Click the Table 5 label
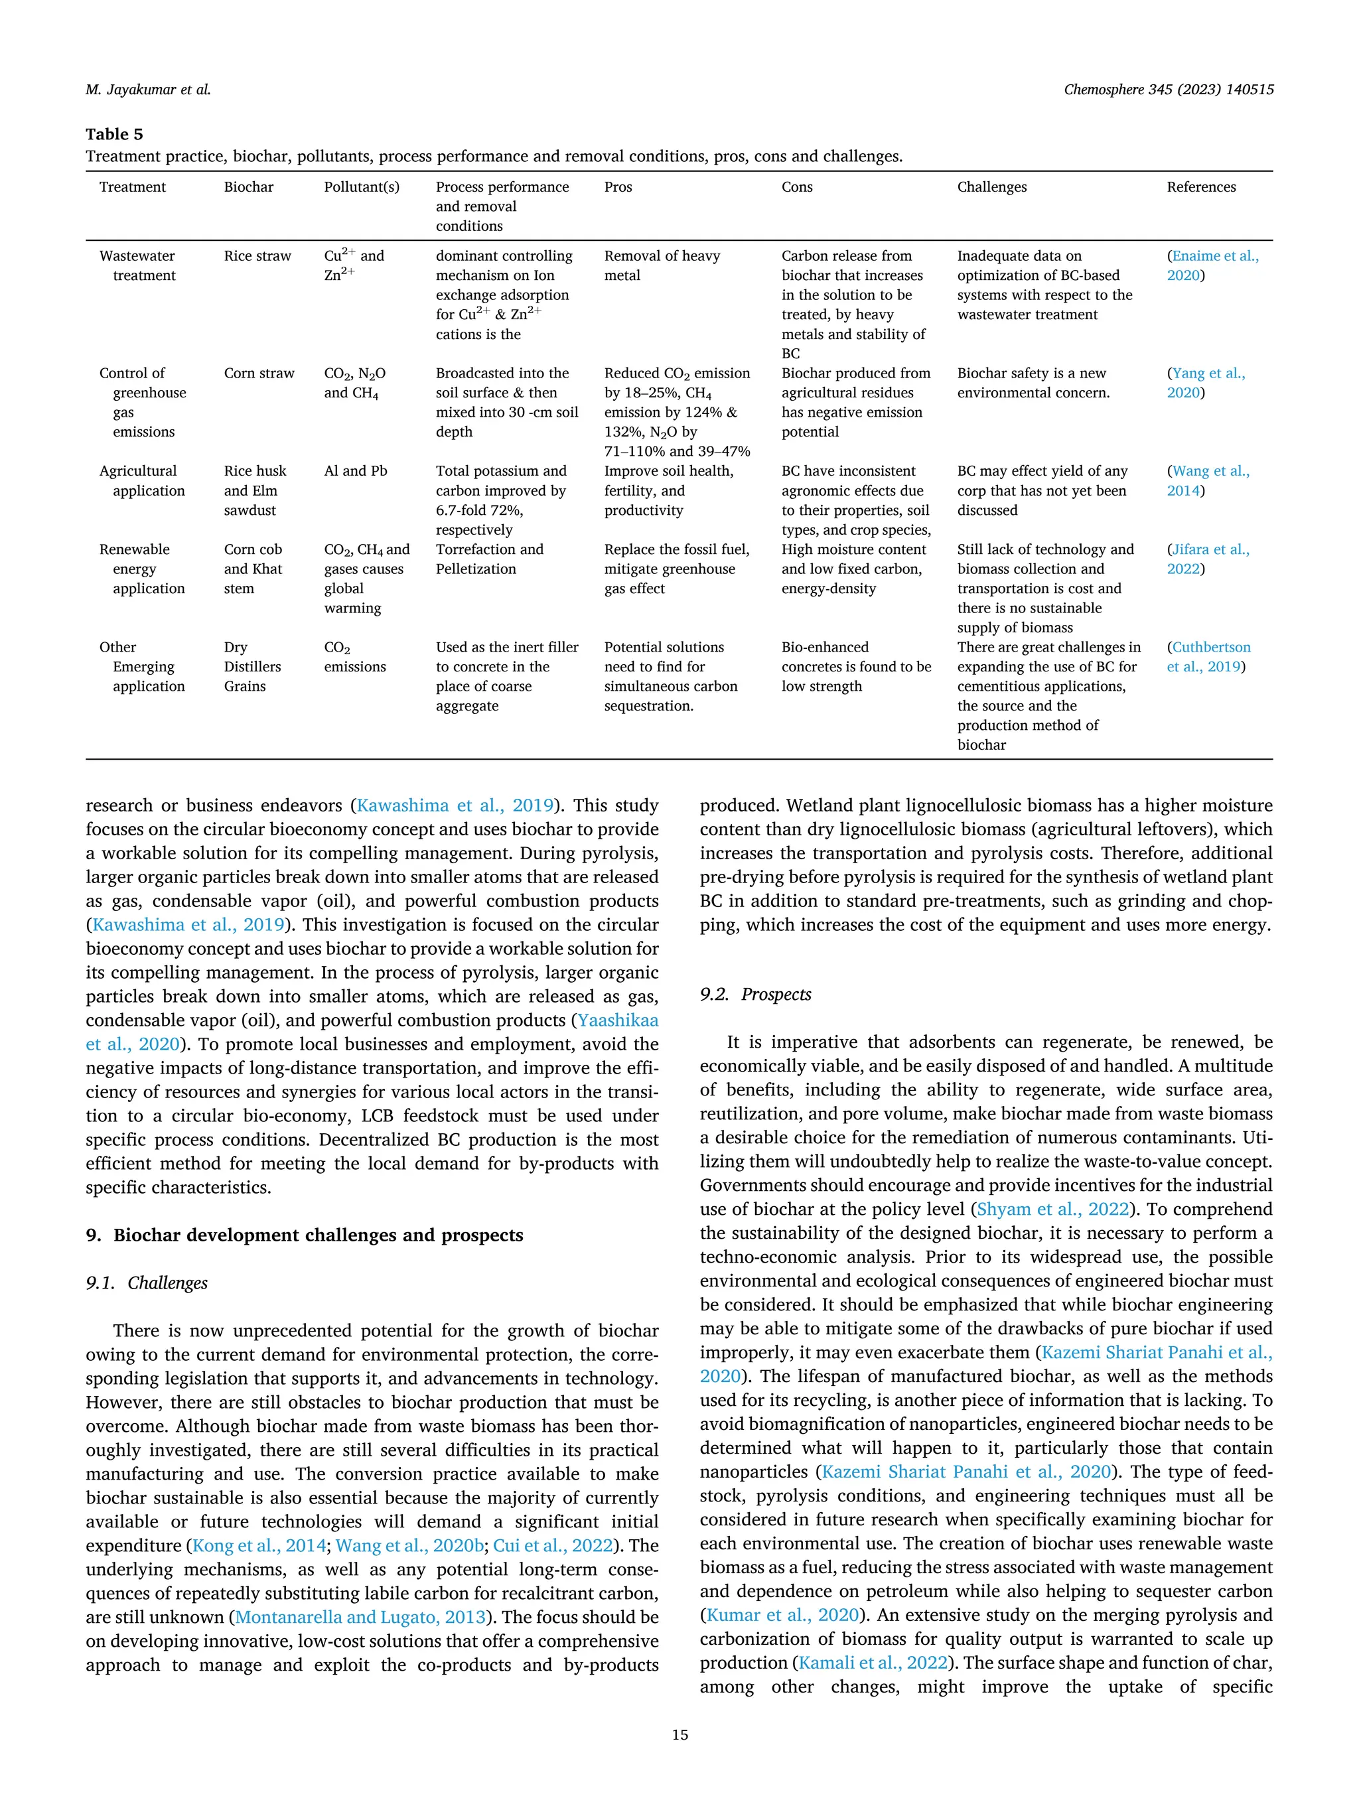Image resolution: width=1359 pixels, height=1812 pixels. pyautogui.click(x=114, y=134)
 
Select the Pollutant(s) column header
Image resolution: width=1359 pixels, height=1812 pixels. pyautogui.click(x=361, y=186)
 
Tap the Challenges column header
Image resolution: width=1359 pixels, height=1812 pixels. pyautogui.click(x=991, y=186)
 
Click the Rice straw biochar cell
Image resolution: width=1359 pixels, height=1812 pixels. pyautogui.click(x=257, y=255)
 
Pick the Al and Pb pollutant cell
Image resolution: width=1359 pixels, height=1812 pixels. pyautogui.click(x=356, y=471)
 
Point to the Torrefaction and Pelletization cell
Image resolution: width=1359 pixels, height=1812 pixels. pyautogui.click(x=489, y=559)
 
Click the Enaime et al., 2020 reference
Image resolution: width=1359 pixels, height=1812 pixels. pyautogui.click(x=1212, y=265)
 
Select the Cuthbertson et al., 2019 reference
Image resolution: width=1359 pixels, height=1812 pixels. pyautogui.click(x=1208, y=657)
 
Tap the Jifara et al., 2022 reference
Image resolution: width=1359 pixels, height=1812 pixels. pyautogui.click(x=1208, y=559)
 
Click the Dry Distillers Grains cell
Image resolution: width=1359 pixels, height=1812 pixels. pyautogui.click(x=252, y=667)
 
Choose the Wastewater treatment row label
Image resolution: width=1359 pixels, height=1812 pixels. pyautogui.click(x=137, y=265)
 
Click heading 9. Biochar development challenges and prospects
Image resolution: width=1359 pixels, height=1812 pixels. pyautogui.click(x=304, y=1235)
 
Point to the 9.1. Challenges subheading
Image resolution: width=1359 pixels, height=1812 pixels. pyautogui.click(x=147, y=1283)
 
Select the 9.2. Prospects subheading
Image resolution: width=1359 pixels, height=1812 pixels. pyautogui.click(x=755, y=995)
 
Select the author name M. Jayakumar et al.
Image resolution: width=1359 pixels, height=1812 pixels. pyautogui.click(x=147, y=90)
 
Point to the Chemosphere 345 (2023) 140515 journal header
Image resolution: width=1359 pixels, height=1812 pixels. pyautogui.click(x=1168, y=90)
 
